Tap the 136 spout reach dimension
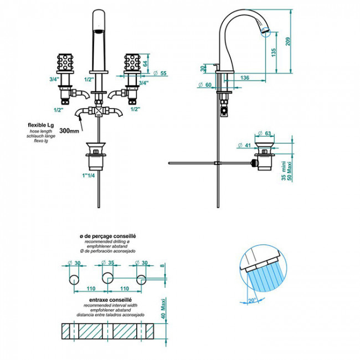245,78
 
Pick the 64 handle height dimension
146,64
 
